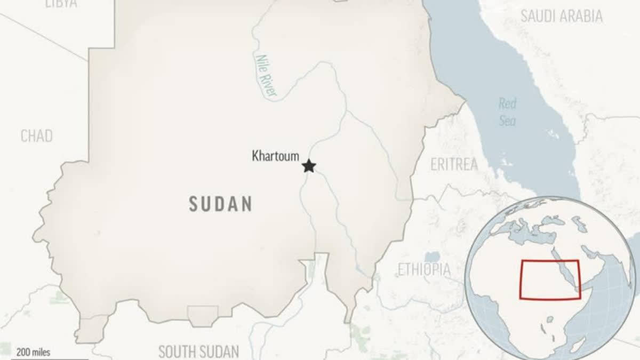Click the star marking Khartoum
pos(308,166)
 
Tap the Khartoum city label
pos(275,157)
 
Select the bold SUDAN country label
pos(220,204)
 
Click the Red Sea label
pos(507,113)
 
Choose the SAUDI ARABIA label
pos(561,16)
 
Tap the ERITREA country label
pos(454,164)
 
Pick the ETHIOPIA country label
pos(424,269)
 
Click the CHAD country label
pos(37,137)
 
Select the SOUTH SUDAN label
pos(198,351)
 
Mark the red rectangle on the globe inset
pos(549,279)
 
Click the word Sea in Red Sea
pos(507,121)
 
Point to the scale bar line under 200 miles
pos(37,358)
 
